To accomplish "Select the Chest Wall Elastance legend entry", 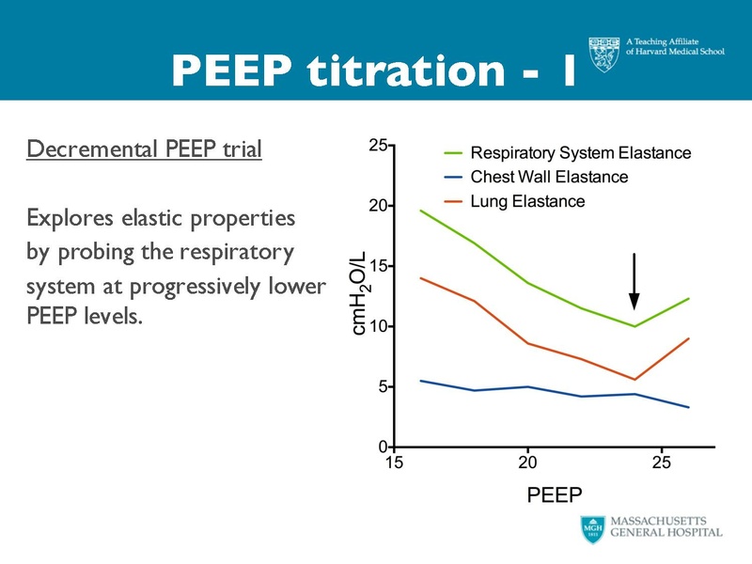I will [549, 177].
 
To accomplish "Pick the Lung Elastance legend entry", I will [527, 201].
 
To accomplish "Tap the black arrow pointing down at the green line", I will [634, 281].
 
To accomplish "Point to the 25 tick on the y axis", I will [379, 146].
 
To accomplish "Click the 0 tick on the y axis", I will [384, 446].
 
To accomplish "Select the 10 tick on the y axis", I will [379, 326].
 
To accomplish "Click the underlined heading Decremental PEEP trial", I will [144, 149].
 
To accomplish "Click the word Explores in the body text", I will [70, 219].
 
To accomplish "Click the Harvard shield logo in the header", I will [604, 55].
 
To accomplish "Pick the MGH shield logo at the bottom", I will [592, 527].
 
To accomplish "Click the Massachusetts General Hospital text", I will [666, 525].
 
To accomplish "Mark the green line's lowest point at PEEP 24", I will [634, 326].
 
